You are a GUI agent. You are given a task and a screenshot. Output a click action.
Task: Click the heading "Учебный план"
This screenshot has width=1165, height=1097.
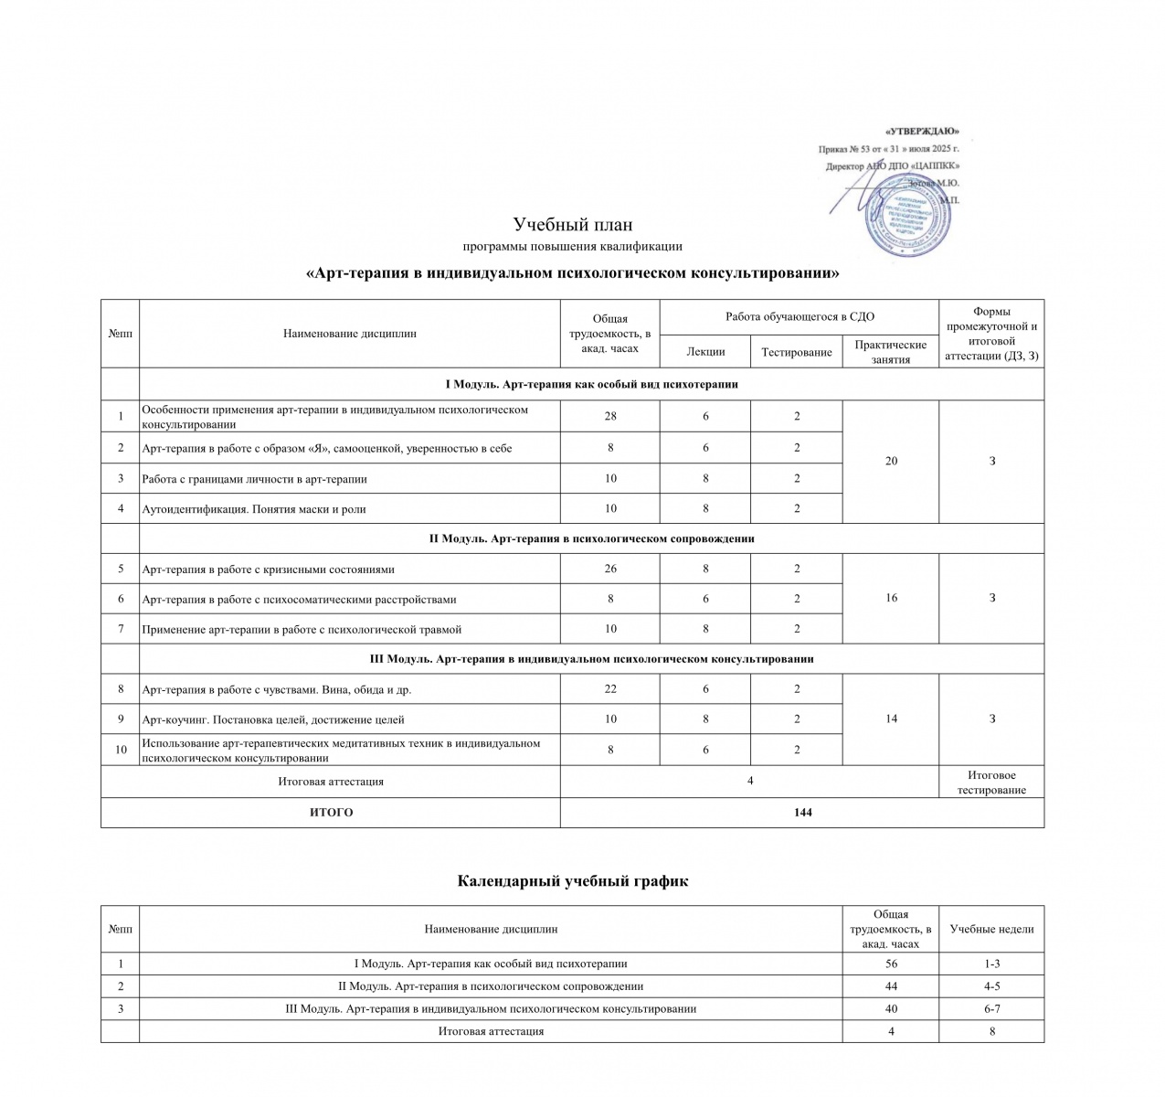[573, 225]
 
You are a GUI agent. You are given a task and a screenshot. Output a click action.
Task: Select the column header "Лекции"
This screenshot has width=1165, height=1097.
[705, 352]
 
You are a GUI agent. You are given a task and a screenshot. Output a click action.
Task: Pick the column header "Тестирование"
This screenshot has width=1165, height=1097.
[796, 352]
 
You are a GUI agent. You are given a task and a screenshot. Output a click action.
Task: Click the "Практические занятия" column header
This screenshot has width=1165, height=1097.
[891, 352]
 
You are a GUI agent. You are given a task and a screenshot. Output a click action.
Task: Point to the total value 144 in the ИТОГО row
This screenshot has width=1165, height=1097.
[802, 812]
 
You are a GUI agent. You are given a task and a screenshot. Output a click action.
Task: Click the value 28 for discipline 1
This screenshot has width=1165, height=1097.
[610, 416]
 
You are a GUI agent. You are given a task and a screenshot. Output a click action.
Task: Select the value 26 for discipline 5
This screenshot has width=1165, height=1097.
[610, 569]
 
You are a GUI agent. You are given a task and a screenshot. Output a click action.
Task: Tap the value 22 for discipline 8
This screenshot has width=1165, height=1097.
[610, 689]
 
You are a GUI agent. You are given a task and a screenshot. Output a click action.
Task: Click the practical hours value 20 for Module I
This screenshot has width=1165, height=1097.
[891, 461]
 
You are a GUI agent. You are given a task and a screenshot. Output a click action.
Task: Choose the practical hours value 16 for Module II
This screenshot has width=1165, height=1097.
[891, 598]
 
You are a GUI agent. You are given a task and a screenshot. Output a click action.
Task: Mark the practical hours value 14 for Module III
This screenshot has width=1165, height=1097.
[891, 719]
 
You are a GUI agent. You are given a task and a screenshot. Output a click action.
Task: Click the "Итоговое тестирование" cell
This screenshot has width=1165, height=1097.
[991, 783]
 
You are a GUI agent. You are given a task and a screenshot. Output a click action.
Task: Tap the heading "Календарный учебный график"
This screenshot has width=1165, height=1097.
[573, 881]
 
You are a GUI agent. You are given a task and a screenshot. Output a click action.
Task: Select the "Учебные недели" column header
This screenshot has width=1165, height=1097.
[991, 929]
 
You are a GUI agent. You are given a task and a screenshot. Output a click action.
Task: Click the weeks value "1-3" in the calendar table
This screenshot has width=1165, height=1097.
[991, 964]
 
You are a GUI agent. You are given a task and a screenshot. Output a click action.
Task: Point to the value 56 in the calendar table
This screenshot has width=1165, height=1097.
[891, 964]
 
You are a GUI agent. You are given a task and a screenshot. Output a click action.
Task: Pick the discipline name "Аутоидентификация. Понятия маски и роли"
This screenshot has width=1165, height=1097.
[254, 509]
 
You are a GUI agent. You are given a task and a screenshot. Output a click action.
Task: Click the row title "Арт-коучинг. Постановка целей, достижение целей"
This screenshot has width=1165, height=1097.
[273, 719]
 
